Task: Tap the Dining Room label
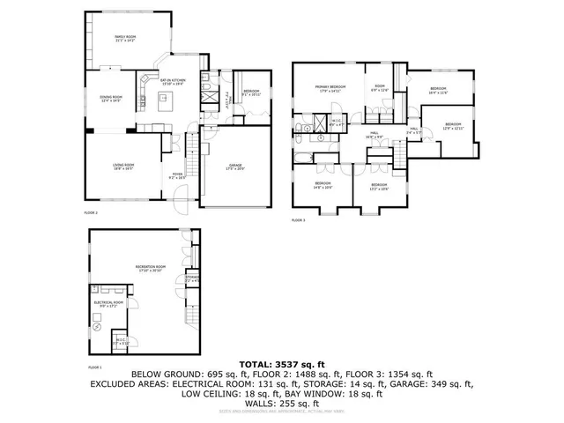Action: pyautogui.click(x=110, y=99)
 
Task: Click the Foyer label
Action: pyautogui.click(x=177, y=175)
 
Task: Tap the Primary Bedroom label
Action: pyautogui.click(x=328, y=86)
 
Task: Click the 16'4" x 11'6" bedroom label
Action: pyautogui.click(x=438, y=89)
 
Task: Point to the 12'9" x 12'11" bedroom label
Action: pyautogui.click(x=453, y=126)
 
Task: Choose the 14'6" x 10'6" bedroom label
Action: pyautogui.click(x=323, y=185)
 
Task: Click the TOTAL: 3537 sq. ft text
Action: pyautogui.click(x=282, y=363)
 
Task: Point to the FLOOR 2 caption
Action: pyautogui.click(x=91, y=213)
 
